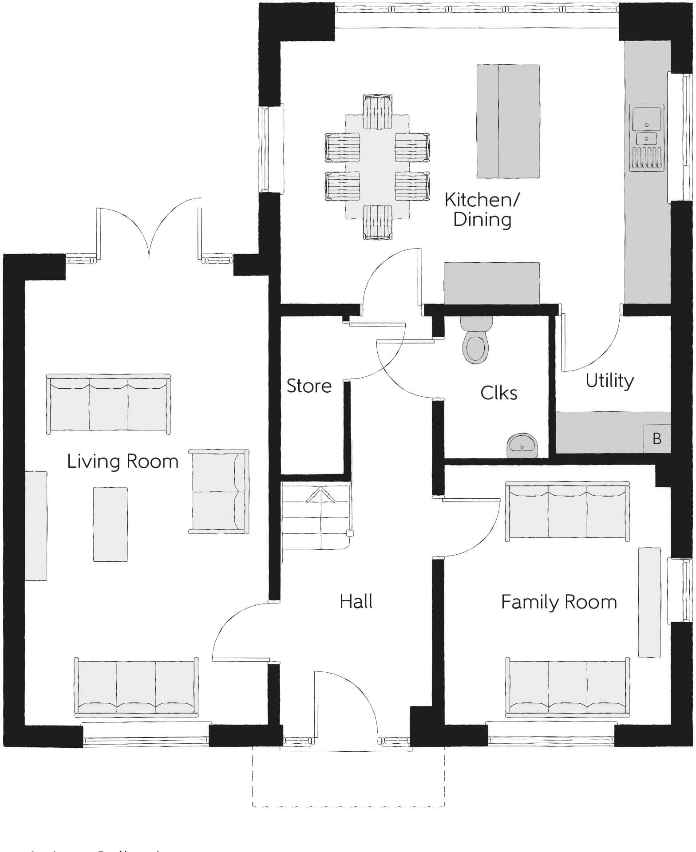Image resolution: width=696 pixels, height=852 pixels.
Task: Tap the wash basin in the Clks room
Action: [x=522, y=445]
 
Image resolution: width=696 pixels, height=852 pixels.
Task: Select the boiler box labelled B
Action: [x=656, y=438]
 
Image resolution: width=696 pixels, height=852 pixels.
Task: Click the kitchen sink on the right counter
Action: [x=647, y=138]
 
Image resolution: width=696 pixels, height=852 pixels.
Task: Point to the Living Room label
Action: [x=123, y=461]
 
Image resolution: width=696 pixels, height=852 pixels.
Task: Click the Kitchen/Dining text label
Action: [x=482, y=209]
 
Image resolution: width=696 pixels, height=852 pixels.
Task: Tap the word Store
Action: [x=309, y=386]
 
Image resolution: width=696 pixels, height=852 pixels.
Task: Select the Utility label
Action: [x=609, y=381]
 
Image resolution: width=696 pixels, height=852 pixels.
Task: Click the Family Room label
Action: [x=559, y=602]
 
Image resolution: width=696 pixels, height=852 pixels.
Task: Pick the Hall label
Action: [x=356, y=601]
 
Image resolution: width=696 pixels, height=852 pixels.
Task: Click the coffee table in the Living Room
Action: [x=110, y=524]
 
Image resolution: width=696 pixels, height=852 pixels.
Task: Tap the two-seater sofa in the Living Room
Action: [x=219, y=491]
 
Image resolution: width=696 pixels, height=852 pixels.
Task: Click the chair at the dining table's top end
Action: [x=377, y=106]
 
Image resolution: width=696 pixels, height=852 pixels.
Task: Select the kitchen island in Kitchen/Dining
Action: [x=508, y=121]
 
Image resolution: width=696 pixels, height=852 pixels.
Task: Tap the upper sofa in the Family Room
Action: [x=567, y=512]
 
